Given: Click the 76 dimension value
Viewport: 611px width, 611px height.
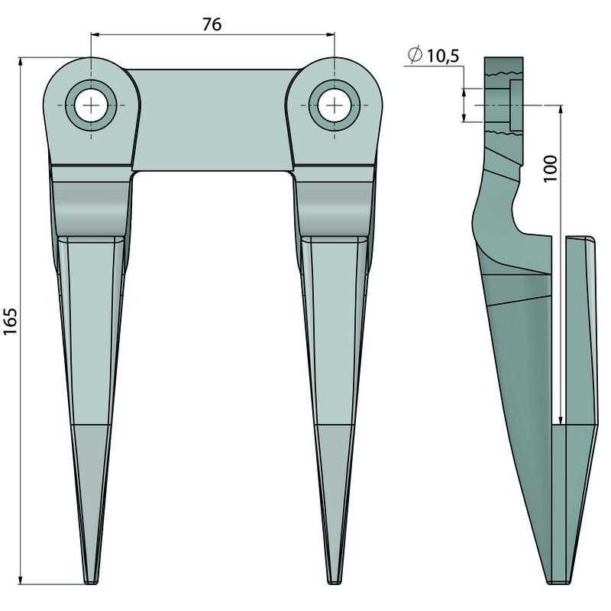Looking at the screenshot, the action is tap(212, 24).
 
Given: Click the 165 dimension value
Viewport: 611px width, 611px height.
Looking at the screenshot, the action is tap(10, 321).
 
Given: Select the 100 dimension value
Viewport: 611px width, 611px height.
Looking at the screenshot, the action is tap(550, 168).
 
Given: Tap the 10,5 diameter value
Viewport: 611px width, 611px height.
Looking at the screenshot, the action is tap(443, 56).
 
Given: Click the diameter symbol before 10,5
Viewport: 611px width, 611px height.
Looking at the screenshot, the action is tap(415, 54).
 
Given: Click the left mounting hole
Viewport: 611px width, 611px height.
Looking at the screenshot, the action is tap(91, 105).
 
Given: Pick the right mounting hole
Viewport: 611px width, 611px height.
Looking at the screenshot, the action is tap(334, 105).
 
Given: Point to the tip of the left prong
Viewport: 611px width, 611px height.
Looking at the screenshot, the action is tap(91, 584).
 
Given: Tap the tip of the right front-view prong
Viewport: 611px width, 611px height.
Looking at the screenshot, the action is tap(335, 584).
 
